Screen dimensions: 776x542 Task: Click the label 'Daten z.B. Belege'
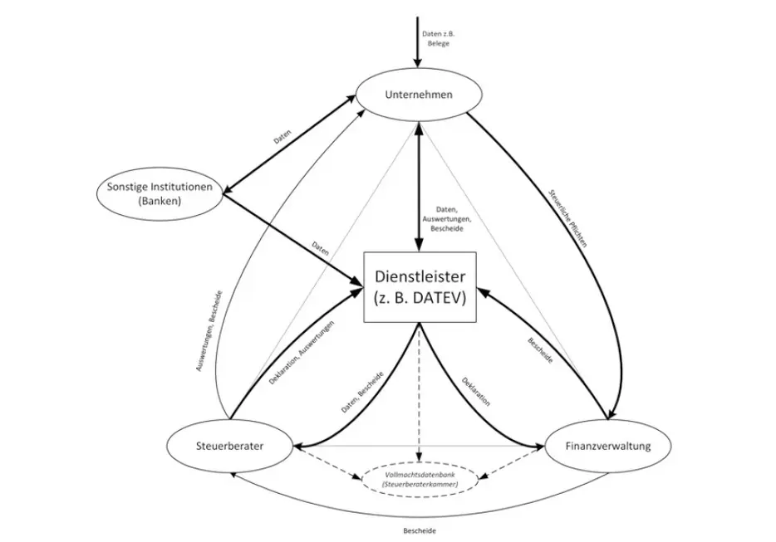click(x=438, y=39)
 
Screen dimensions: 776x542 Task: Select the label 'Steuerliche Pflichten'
click(x=567, y=218)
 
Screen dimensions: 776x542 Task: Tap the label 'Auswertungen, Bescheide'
click(x=209, y=331)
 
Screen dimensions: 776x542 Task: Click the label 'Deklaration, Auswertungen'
click(x=302, y=353)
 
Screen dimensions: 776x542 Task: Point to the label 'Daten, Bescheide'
click(x=361, y=392)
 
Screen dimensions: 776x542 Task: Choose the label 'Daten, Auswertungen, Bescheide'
click(x=446, y=219)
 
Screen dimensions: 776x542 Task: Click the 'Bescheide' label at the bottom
click(x=420, y=531)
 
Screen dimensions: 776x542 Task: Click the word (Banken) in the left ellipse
click(x=160, y=201)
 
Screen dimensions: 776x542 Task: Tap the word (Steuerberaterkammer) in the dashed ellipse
click(x=420, y=485)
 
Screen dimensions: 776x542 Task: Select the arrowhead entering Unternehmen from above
click(x=418, y=61)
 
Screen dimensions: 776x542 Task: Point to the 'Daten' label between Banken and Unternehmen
click(x=282, y=136)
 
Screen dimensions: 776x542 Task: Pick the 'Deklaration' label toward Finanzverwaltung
click(x=476, y=392)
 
